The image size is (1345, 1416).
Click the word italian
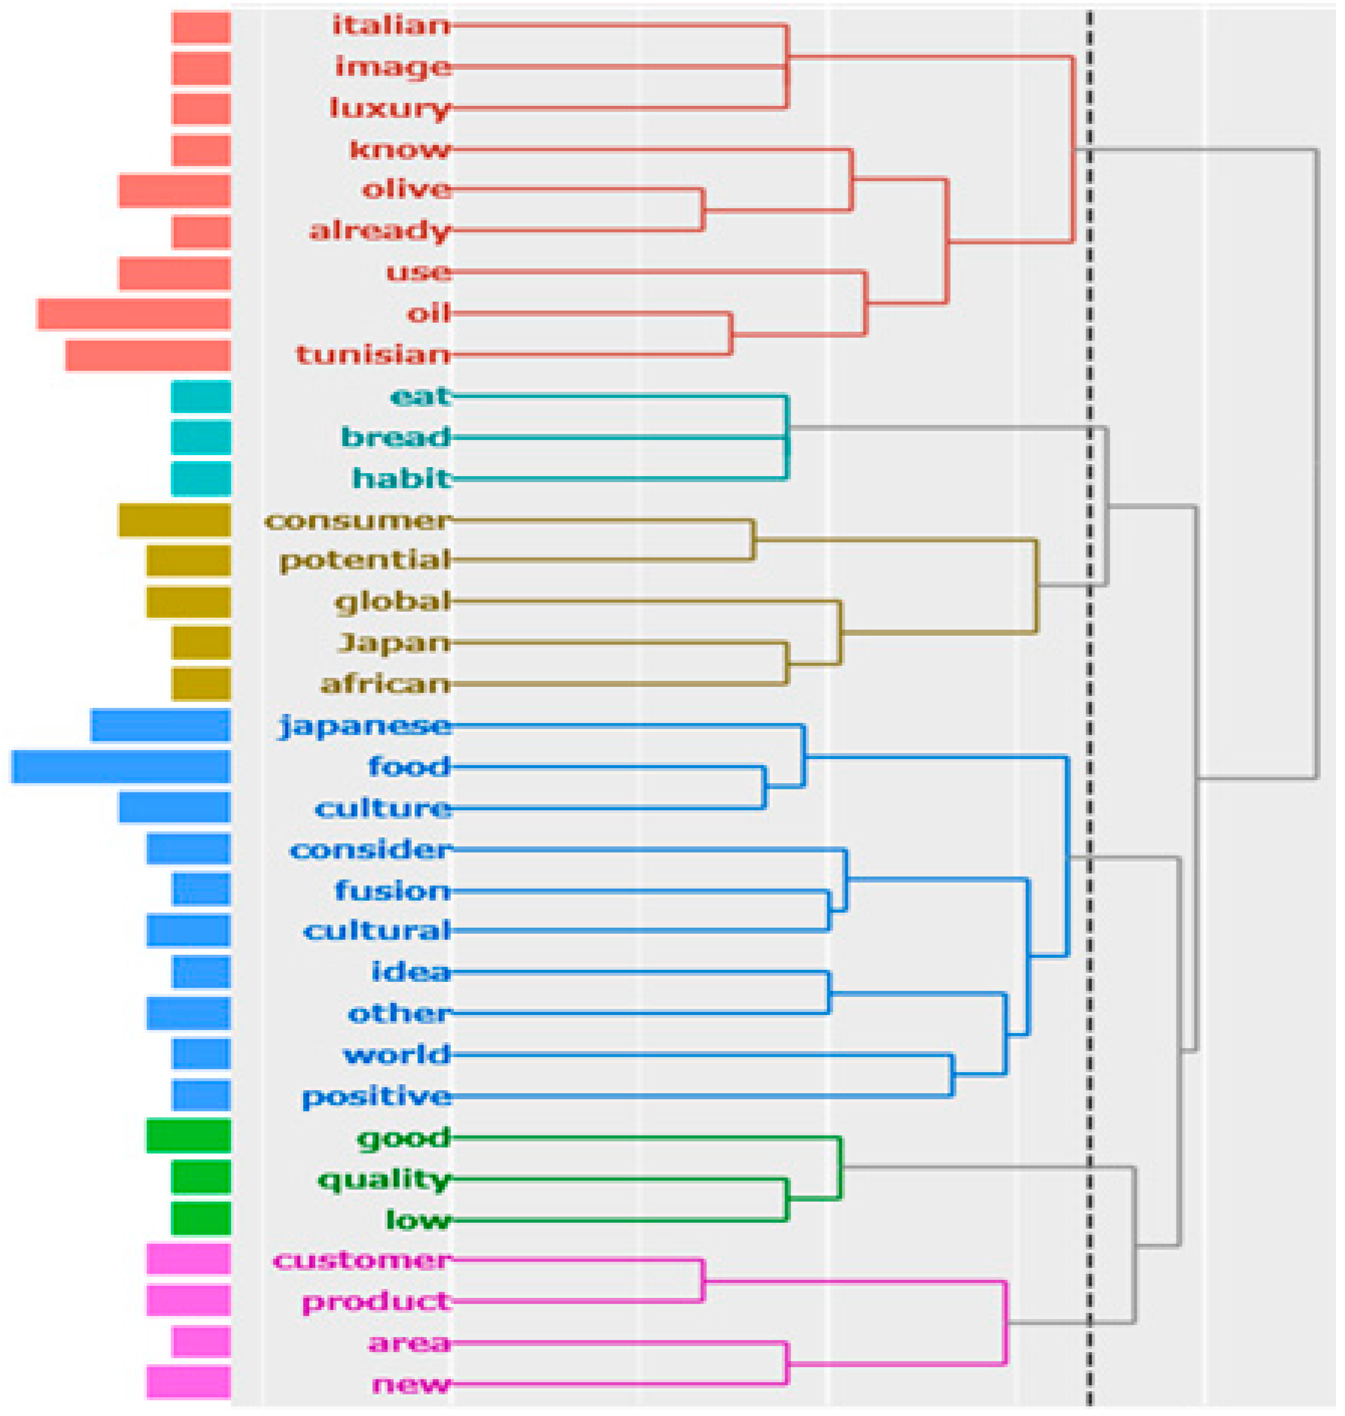coord(391,26)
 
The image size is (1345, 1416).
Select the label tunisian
coord(373,355)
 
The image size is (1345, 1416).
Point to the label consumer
coord(357,520)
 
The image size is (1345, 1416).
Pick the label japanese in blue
coord(365,726)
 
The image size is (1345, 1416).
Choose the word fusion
coord(392,891)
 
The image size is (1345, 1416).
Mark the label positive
coord(376,1096)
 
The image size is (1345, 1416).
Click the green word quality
coord(383,1179)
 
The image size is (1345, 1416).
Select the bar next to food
coord(121,766)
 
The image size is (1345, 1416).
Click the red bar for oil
coord(134,314)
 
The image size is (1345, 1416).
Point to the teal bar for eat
coord(202,397)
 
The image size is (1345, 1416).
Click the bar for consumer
coord(175,520)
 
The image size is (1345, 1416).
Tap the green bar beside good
coord(188,1136)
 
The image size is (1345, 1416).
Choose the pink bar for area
coord(202,1342)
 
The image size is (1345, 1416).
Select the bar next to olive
coord(175,191)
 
